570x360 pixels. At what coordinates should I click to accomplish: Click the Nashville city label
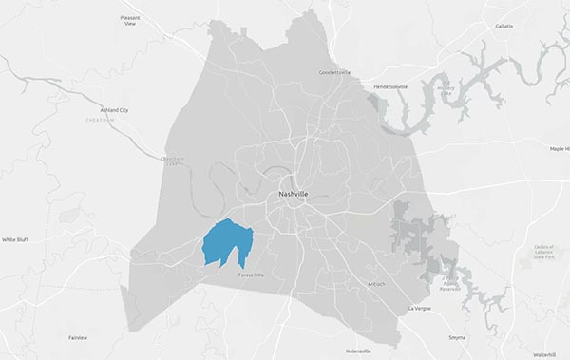point(293,194)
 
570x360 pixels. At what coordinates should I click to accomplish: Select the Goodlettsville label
point(334,72)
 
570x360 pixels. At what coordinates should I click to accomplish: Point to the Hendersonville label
point(390,86)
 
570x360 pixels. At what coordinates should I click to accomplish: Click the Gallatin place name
point(503,27)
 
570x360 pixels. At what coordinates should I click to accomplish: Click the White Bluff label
point(15,240)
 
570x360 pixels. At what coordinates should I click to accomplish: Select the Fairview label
point(78,337)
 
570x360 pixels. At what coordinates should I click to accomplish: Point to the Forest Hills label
point(252,275)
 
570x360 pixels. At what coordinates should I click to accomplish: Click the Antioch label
point(377,283)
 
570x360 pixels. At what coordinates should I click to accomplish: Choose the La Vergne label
point(419,309)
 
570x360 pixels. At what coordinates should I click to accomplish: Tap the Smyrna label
point(459,337)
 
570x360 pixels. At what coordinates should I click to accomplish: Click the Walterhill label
point(544,353)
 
